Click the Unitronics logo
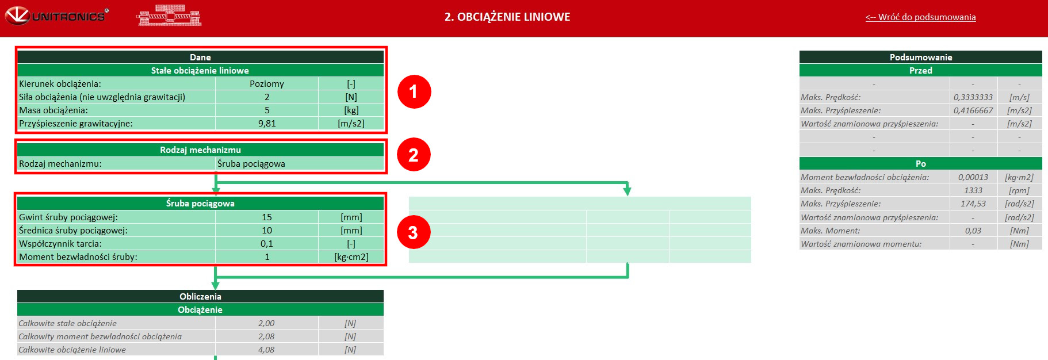[x=57, y=16]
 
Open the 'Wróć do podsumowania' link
[x=920, y=17]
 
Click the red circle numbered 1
[x=414, y=91]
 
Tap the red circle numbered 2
[x=414, y=155]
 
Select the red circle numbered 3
[x=414, y=232]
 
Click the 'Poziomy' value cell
[x=267, y=84]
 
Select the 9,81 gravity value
[x=267, y=124]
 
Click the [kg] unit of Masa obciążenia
[x=351, y=110]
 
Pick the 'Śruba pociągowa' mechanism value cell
[x=299, y=164]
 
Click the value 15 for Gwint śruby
[x=267, y=217]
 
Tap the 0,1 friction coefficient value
[x=267, y=244]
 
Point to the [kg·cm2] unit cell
[x=351, y=257]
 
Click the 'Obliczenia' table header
[x=200, y=297]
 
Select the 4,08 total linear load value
[x=266, y=350]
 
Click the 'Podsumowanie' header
[x=920, y=58]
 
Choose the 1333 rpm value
[x=973, y=190]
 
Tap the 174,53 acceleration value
[x=973, y=204]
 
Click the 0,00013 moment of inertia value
[x=973, y=177]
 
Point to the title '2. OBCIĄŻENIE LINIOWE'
[x=507, y=17]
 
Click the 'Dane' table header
[x=200, y=58]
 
